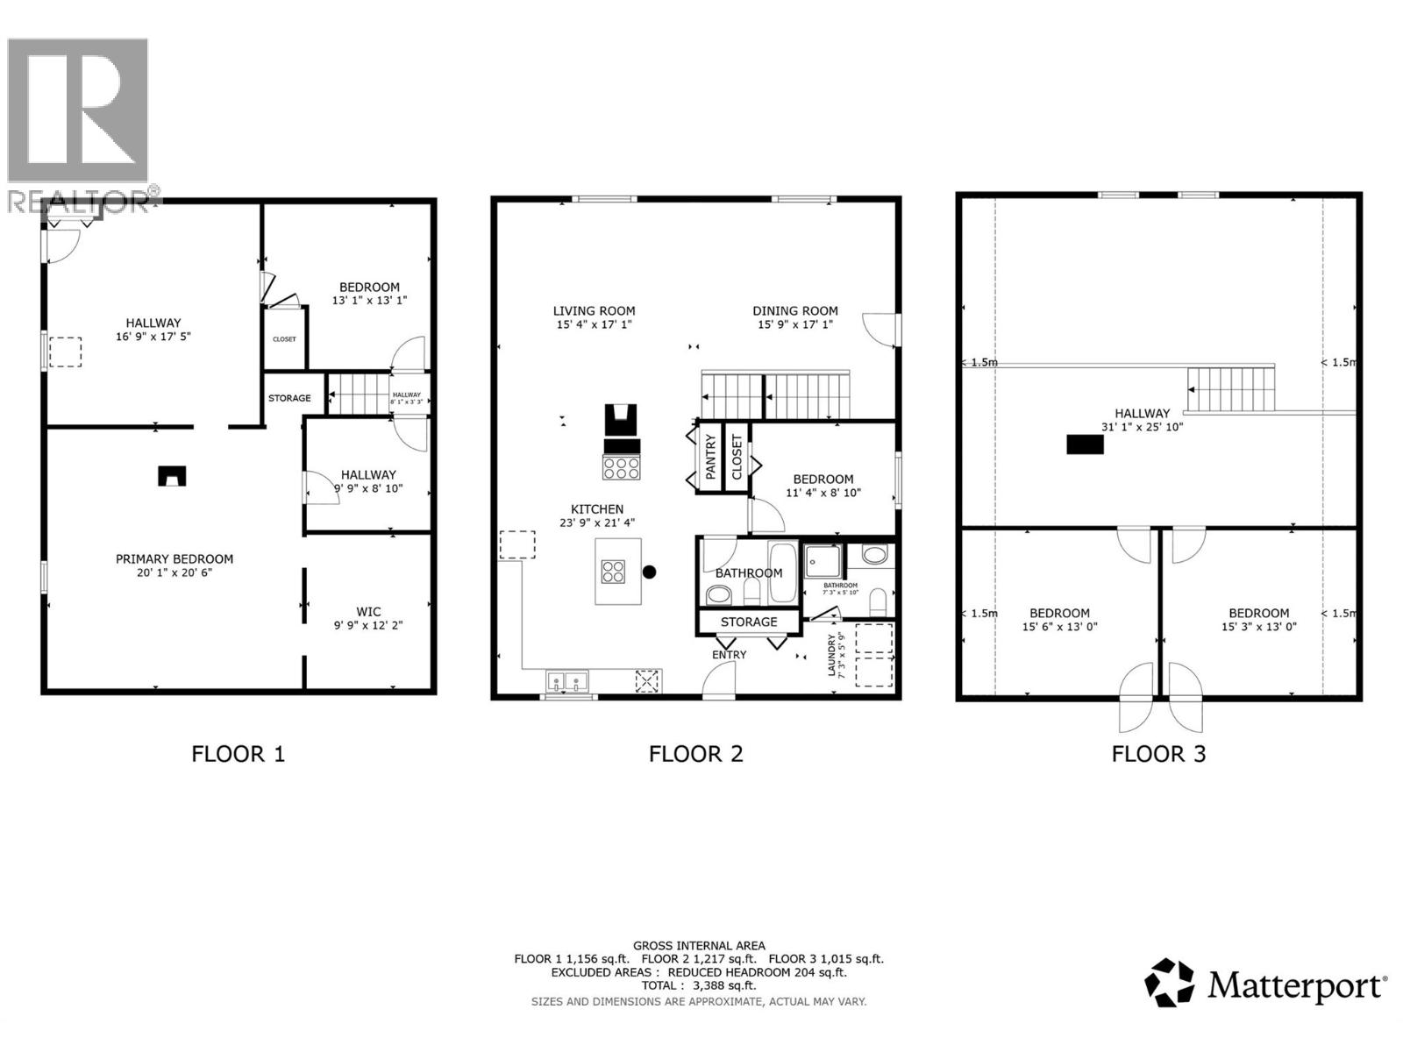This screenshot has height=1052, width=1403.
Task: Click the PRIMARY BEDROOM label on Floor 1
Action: (174, 558)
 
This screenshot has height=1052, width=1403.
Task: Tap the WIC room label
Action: (368, 612)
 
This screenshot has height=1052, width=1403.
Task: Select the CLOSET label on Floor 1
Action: (284, 339)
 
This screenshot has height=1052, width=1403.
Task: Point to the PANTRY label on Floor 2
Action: (710, 457)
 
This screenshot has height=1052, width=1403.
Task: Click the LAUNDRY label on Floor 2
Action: (833, 653)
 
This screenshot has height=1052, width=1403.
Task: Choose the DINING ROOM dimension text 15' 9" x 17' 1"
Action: (794, 324)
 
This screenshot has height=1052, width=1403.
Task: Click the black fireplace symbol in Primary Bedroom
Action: (172, 476)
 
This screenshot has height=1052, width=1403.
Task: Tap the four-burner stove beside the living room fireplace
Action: (621, 467)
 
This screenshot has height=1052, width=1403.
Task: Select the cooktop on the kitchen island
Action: (613, 572)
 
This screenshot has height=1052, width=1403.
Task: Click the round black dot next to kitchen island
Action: (649, 572)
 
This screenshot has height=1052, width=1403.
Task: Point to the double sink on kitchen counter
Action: (567, 681)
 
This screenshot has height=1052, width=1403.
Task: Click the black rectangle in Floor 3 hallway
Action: (1085, 444)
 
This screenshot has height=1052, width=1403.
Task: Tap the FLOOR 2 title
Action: (695, 754)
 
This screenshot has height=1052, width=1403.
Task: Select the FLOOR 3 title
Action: (1158, 754)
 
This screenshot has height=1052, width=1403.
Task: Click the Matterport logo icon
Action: (1170, 983)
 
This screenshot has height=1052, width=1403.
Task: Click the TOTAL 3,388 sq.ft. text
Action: (698, 985)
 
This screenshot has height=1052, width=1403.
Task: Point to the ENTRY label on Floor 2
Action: (729, 655)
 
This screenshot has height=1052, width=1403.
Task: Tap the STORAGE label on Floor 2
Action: (749, 622)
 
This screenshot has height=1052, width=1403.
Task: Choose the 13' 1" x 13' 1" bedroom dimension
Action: (369, 301)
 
